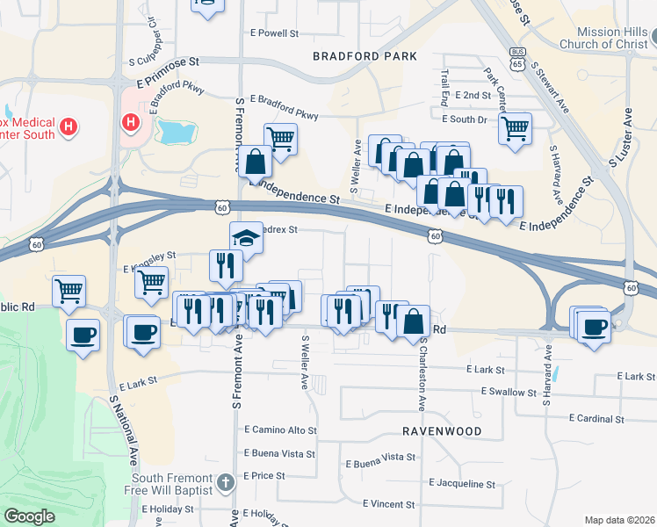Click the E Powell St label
pyautogui.click(x=275, y=33)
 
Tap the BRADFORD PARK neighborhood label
pyautogui.click(x=358, y=56)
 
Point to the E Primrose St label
pyautogui.click(x=163, y=62)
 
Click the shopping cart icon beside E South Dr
pyautogui.click(x=515, y=127)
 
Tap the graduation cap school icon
pyautogui.click(x=246, y=237)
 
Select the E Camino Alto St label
pyautogui.click(x=278, y=430)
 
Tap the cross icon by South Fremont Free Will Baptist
pyautogui.click(x=226, y=481)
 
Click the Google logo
pyautogui.click(x=29, y=516)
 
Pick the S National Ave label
pyautogui.click(x=125, y=430)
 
